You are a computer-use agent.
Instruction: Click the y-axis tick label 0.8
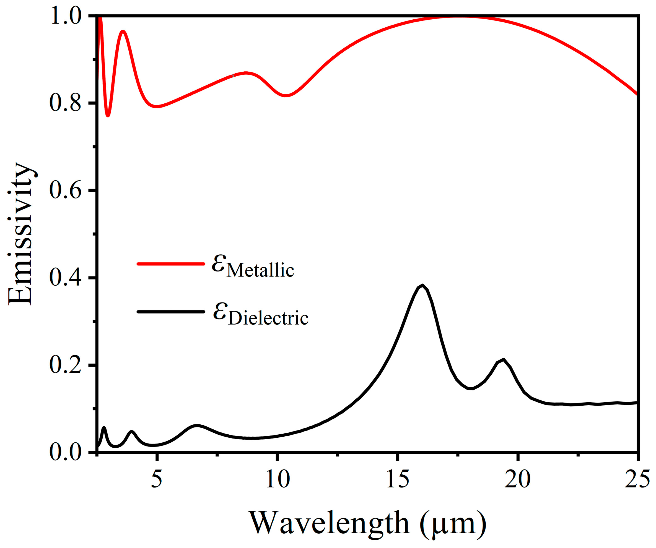coord(65,103)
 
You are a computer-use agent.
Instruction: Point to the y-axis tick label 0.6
coord(65,190)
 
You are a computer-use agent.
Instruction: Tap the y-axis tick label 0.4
coord(65,278)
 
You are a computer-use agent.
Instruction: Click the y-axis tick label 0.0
coord(65,452)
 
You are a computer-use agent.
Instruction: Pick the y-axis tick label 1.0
coord(65,16)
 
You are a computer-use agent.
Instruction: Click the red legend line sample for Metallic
coord(170,264)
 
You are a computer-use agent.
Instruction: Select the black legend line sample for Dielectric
coord(170,312)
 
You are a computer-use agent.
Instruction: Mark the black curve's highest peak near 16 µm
coord(422,285)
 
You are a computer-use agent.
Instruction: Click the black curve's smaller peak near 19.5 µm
coord(503,360)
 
